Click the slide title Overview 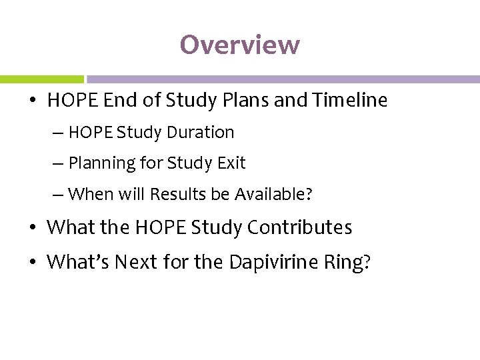click(240, 45)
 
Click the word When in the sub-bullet click(91, 195)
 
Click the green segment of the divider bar click(41, 79)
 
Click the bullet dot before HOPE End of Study click(32, 101)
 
